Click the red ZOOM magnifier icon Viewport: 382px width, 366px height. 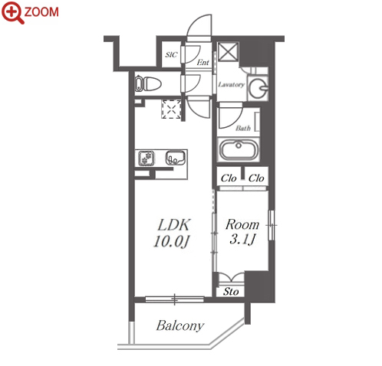coord(13,12)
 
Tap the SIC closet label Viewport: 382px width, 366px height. coord(171,54)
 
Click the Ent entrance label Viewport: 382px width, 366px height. coord(203,62)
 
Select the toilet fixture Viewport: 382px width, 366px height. coord(149,83)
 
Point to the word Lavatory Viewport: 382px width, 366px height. coord(231,84)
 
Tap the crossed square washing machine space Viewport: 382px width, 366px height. coord(228,52)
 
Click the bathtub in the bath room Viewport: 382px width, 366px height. coord(239,150)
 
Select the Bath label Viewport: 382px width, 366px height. coord(243,128)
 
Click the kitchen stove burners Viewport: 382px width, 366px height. coord(147,158)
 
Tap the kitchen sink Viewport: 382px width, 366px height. coord(176,158)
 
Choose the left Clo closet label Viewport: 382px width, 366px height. coord(229,178)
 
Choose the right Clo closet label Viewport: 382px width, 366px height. coord(256,178)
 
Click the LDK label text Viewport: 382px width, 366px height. coord(174,225)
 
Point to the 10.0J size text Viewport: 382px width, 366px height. coord(171,241)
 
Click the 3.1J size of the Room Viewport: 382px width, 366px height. coord(242,240)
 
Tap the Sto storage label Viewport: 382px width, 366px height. coord(231,292)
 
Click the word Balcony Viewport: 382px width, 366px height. coord(180,326)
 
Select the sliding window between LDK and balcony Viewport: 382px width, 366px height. coord(175,299)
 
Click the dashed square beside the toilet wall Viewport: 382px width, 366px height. coord(171,109)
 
